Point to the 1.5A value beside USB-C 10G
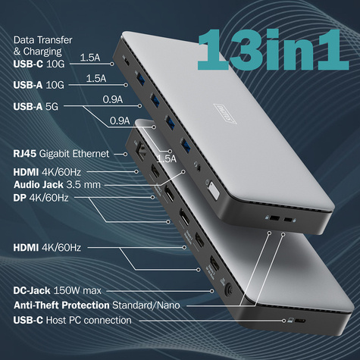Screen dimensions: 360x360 tap(89, 57)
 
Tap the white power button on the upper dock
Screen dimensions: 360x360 tap(213, 189)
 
